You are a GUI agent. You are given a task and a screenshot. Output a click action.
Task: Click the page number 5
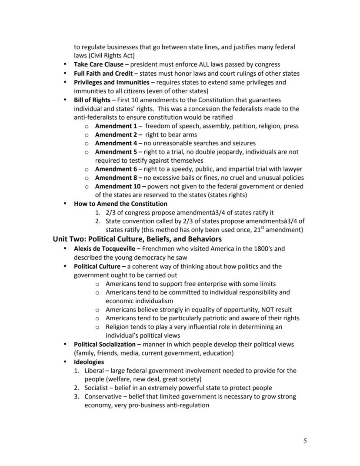[x=305, y=441]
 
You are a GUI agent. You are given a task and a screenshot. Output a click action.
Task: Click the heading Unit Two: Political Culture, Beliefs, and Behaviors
[x=137, y=239]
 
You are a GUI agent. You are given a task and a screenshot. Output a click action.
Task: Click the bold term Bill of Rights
[x=92, y=100]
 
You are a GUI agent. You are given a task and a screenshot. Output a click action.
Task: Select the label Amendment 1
[x=116, y=126]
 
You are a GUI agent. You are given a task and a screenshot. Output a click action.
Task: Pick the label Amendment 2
[x=116, y=134]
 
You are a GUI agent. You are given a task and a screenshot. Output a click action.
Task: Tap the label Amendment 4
[x=116, y=143]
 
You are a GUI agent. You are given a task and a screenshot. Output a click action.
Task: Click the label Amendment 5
[x=116, y=152]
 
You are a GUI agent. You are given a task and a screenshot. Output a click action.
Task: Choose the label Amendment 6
[x=116, y=169]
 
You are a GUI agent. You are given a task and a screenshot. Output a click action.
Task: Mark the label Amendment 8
[x=116, y=178]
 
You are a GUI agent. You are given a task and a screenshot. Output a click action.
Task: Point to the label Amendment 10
[x=117, y=186]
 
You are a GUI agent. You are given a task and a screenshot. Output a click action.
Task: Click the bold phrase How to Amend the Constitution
[x=120, y=204]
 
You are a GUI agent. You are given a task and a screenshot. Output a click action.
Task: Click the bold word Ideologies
[x=89, y=362]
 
